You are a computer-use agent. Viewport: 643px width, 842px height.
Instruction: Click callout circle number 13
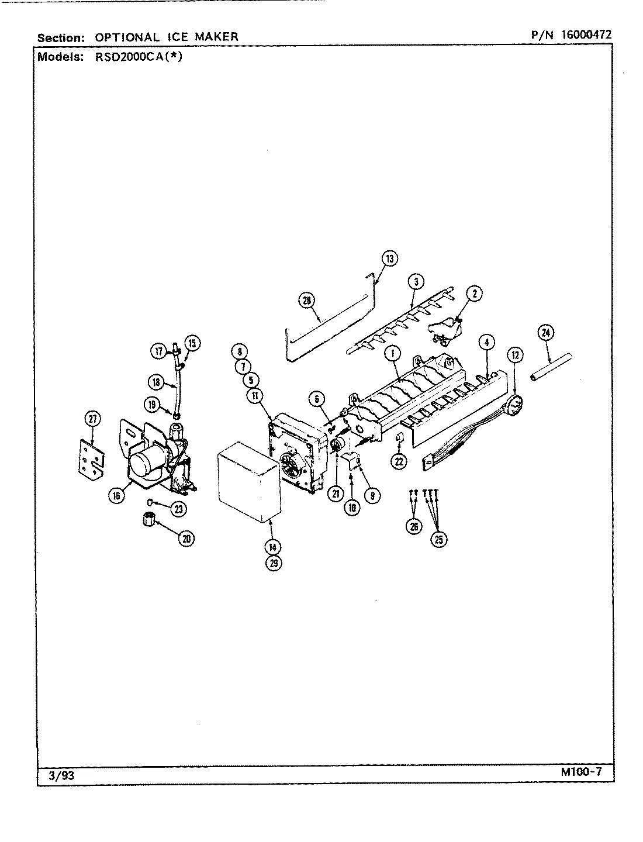[x=390, y=258]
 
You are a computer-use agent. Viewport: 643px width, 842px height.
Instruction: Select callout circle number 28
[x=306, y=301]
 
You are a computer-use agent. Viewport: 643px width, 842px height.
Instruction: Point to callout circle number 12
[x=514, y=354]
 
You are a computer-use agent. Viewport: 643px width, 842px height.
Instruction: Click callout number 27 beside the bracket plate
[x=92, y=419]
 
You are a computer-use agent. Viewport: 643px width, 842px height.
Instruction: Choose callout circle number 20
[x=186, y=539]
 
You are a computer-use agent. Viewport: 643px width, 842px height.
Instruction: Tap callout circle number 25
[x=438, y=539]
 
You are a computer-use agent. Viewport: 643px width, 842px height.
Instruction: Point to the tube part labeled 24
[x=551, y=368]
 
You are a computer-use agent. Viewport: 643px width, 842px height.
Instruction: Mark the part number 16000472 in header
[x=586, y=34]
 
